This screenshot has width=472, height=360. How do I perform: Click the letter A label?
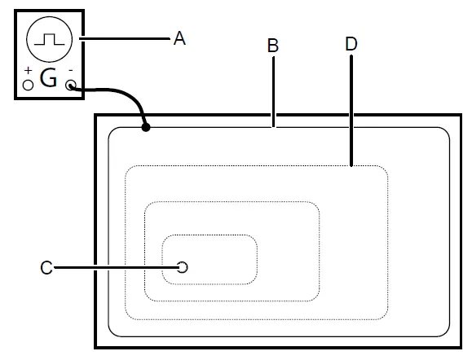[180, 37]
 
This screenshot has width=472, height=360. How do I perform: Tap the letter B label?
[274, 46]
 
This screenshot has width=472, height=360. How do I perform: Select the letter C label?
[46, 267]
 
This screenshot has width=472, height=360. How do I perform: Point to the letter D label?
[351, 44]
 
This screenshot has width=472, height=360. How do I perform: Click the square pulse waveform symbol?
[50, 37]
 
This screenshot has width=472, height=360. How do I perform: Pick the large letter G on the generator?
[49, 80]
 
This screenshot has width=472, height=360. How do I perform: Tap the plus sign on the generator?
[28, 72]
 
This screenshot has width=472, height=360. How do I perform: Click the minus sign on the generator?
[71, 71]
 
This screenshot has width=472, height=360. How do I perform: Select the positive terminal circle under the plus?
[28, 85]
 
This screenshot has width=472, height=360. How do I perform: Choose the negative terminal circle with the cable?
[71, 85]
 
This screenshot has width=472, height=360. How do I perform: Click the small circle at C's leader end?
[183, 267]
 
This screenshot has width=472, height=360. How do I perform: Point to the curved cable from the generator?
[122, 93]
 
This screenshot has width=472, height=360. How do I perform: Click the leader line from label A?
[122, 37]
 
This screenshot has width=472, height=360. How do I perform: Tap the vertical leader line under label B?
[274, 90]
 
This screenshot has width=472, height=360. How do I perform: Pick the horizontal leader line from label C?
[114, 267]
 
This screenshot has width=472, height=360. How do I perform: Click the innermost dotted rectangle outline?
[210, 236]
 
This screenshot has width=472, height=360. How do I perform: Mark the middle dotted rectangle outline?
[232, 202]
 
